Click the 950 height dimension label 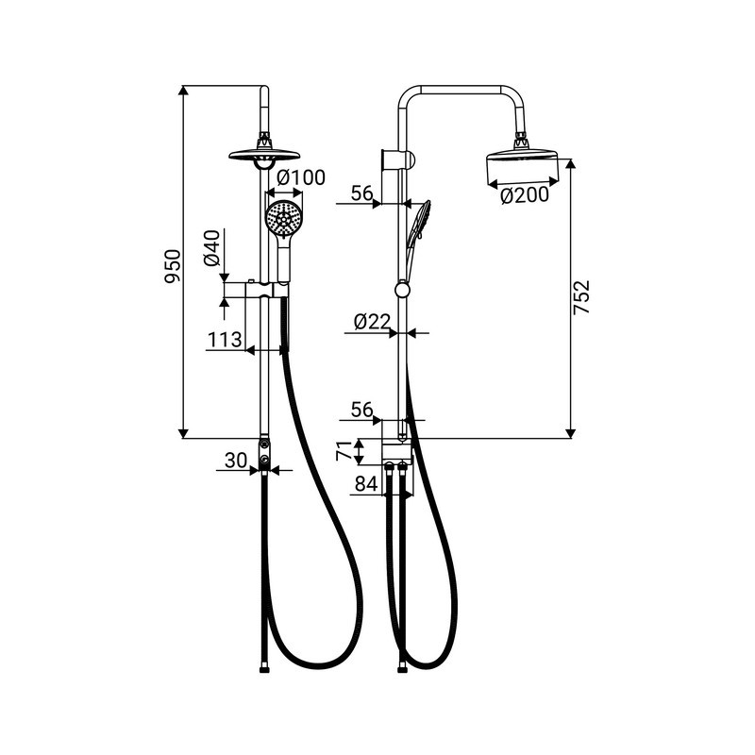(174, 266)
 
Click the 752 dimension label (581, 297)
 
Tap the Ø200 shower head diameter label (525, 195)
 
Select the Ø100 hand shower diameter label (301, 177)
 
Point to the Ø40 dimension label (211, 248)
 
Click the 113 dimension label (225, 340)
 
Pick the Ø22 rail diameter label (371, 322)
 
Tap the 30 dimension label (236, 461)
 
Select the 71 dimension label (344, 452)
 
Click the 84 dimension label (366, 484)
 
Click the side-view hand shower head (418, 223)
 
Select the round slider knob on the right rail (402, 290)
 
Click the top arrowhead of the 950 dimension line (183, 91)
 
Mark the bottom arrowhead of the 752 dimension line (570, 433)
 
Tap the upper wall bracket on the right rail (397, 159)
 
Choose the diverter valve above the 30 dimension (264, 455)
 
